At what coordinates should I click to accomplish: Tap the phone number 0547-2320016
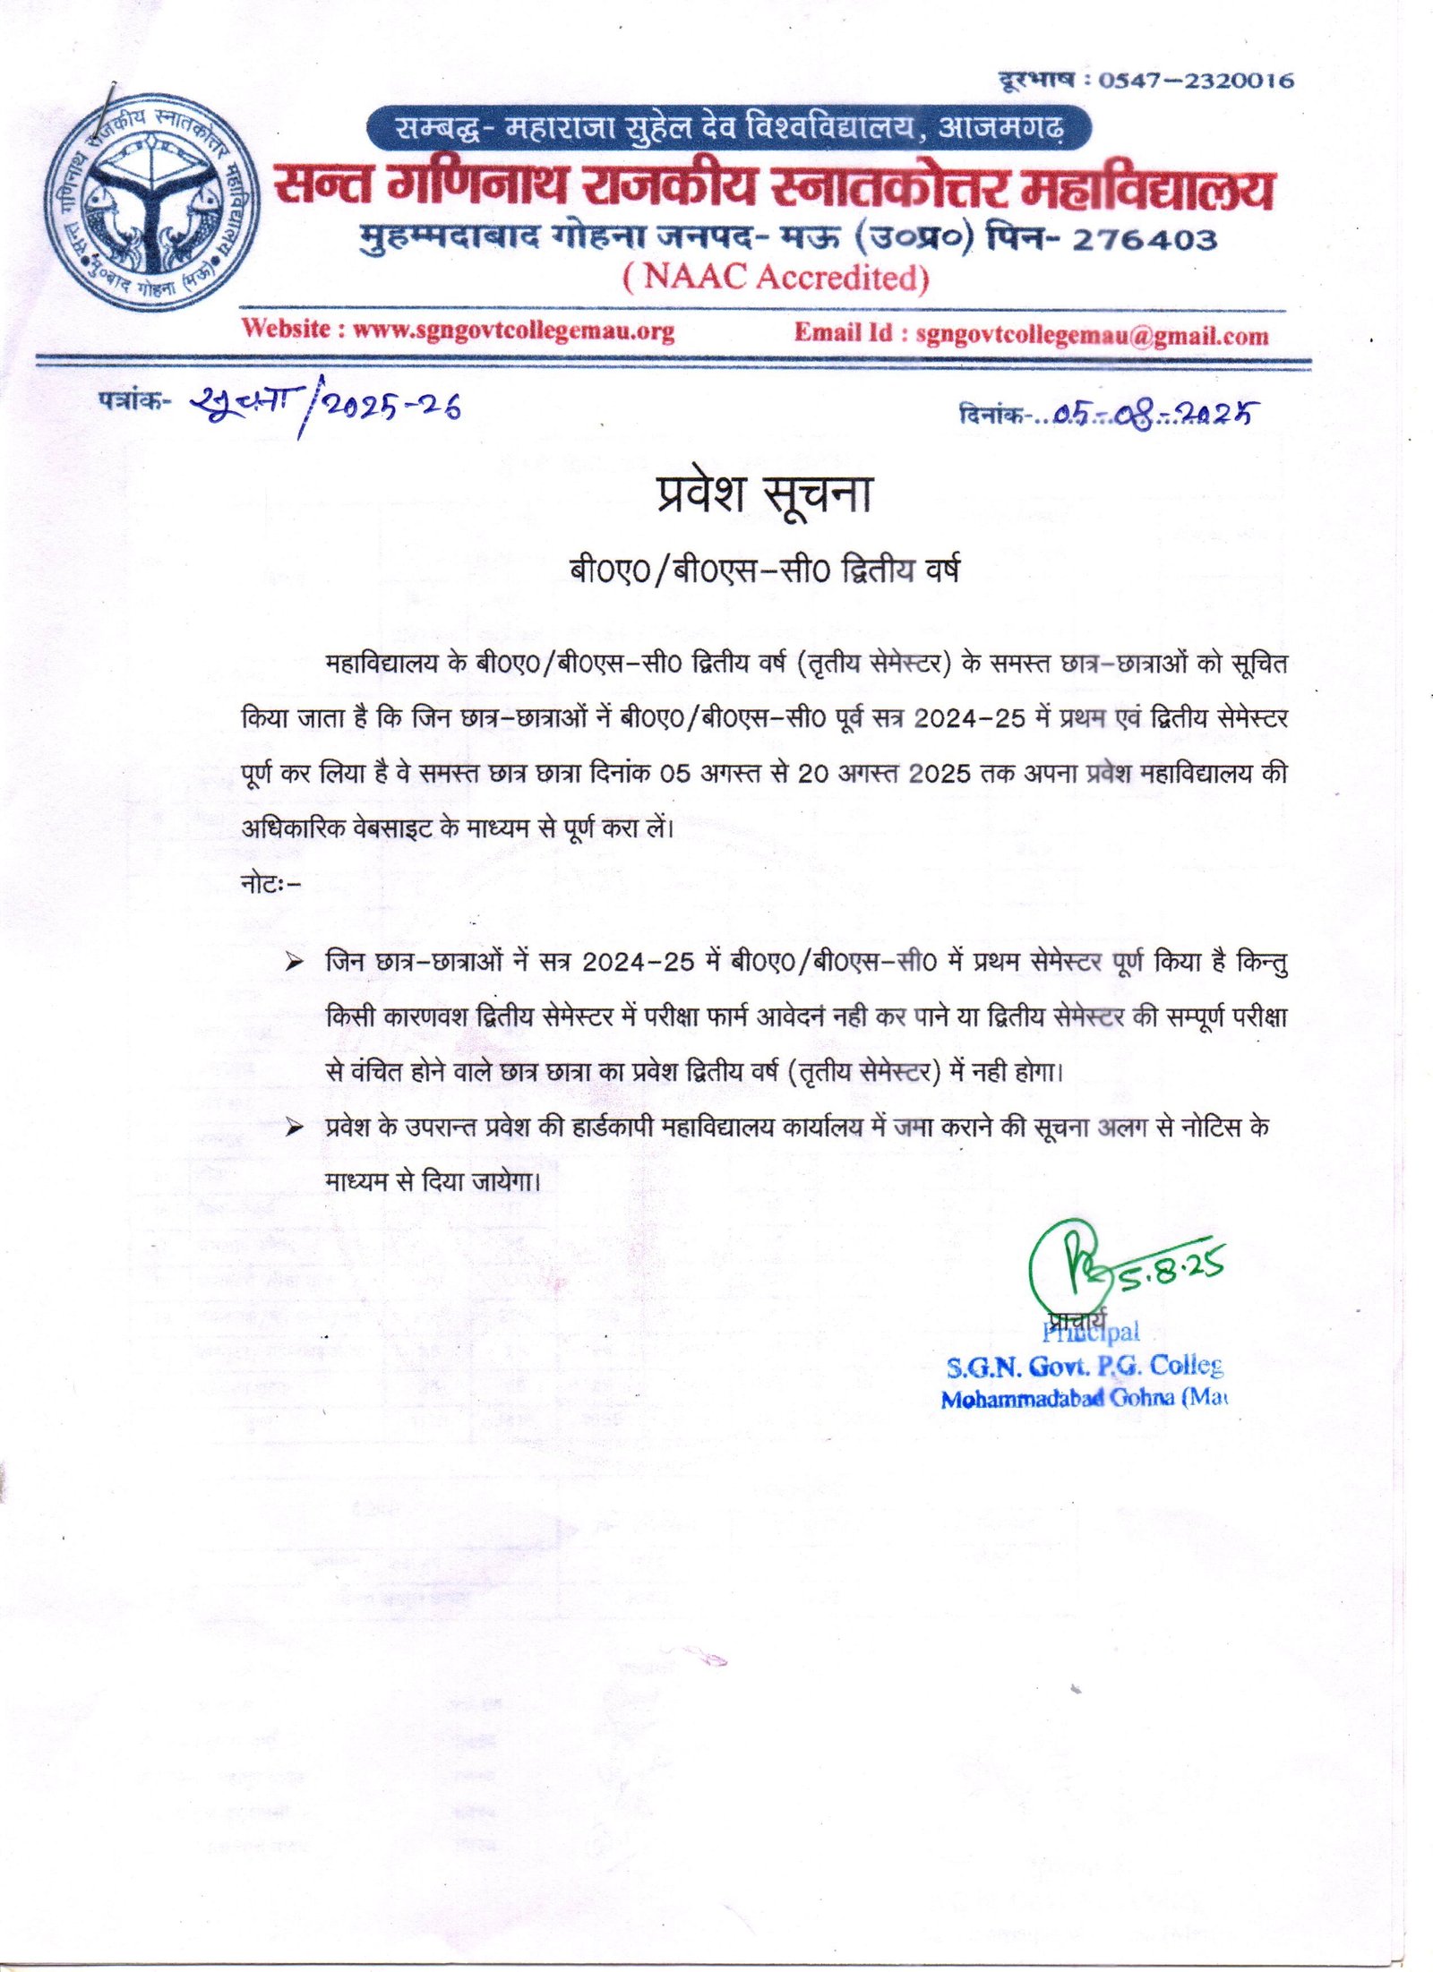(x=1196, y=81)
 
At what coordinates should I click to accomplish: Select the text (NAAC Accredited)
(x=776, y=278)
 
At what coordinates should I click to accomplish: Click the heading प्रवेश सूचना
(x=764, y=495)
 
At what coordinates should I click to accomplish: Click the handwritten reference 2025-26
(x=391, y=407)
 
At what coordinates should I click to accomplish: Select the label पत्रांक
(x=130, y=400)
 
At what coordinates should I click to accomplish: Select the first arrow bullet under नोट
(x=293, y=964)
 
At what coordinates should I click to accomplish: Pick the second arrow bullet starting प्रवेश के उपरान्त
(x=293, y=1128)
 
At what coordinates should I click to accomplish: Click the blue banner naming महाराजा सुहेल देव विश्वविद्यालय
(x=729, y=129)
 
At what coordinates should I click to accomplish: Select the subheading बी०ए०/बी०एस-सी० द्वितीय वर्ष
(x=764, y=570)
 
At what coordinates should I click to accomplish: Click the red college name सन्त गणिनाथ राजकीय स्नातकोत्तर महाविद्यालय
(x=774, y=189)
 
